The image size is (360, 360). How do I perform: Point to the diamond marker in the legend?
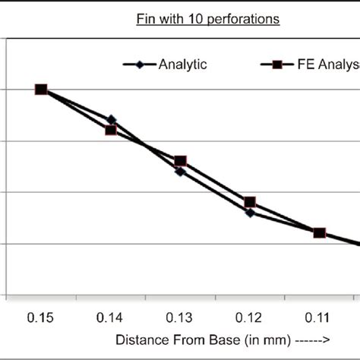[x=139, y=65]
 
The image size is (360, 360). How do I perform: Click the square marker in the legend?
[x=277, y=65]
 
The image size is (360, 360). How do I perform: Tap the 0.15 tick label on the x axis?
[x=41, y=314]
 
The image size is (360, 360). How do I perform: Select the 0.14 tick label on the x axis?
[x=111, y=314]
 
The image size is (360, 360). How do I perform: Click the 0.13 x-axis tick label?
[x=180, y=314]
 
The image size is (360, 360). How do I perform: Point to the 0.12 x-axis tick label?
[x=250, y=314]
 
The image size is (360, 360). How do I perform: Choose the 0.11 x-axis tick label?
[x=319, y=314]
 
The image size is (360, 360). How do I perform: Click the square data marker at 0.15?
[x=41, y=90]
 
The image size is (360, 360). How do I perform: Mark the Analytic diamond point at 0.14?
[x=111, y=119]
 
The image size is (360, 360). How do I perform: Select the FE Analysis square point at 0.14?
[x=111, y=130]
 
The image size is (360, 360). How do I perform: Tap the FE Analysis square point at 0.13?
[x=180, y=161]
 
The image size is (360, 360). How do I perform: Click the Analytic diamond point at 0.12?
[x=250, y=212]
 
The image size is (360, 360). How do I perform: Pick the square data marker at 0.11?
[x=319, y=232]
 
